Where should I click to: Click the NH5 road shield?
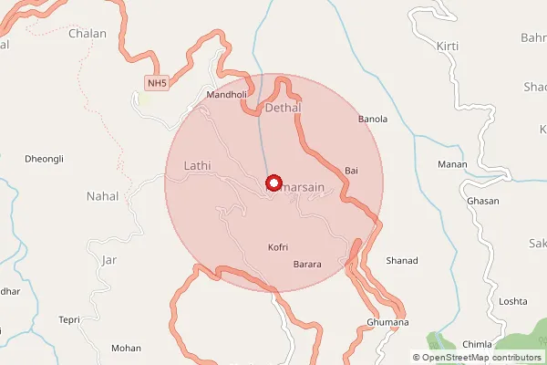[156, 84]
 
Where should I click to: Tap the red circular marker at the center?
[273, 182]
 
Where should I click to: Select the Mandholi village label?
[227, 94]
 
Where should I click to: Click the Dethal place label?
[282, 109]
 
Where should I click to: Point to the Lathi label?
[197, 166]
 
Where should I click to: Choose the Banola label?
[373, 120]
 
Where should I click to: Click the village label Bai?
[351, 171]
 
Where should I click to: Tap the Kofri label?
[279, 247]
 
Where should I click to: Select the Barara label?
[307, 265]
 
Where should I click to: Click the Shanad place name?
[402, 261]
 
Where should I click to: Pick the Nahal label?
[102, 196]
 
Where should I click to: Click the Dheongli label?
[45, 159]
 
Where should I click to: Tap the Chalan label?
[87, 34]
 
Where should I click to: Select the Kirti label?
[448, 45]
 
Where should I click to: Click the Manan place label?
[452, 164]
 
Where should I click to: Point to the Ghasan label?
[481, 200]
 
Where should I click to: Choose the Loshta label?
[513, 301]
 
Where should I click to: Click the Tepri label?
[70, 319]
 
